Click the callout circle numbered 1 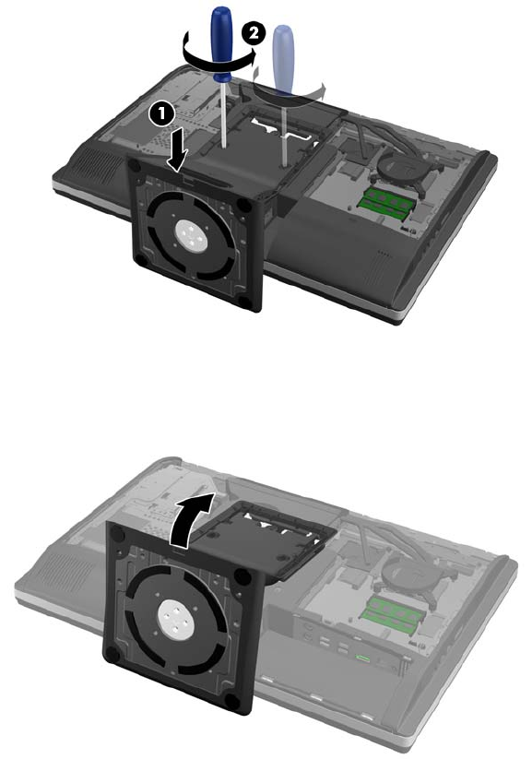161,114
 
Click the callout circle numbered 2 254,35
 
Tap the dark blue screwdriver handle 222,44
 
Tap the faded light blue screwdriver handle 283,63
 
